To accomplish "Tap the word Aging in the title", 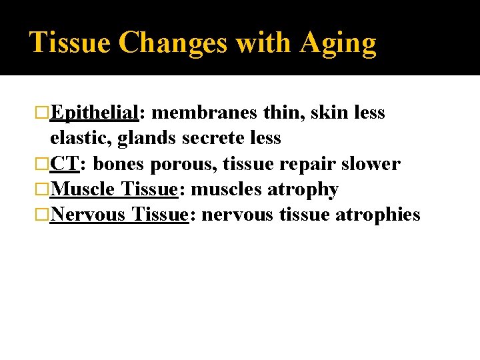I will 338,43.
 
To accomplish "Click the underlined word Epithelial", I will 94,113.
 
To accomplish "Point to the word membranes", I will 204,113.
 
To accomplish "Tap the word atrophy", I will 303,189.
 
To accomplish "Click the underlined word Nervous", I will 88,215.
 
